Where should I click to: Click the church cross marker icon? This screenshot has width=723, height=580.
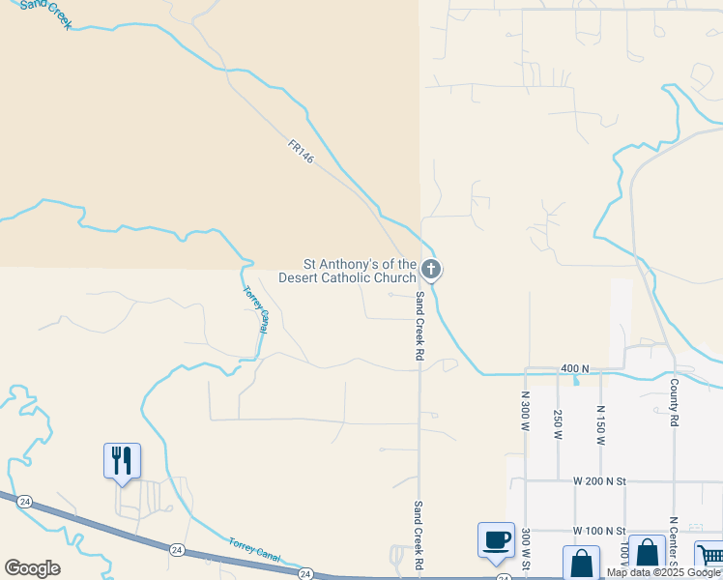point(431,269)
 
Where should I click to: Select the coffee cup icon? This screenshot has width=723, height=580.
point(496,539)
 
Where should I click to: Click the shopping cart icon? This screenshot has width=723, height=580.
point(709,558)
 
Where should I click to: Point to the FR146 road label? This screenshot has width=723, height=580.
point(301,152)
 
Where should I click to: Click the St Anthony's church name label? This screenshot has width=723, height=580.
point(347,271)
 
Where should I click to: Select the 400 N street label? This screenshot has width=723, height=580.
point(574,369)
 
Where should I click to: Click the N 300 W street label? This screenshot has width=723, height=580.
point(526,410)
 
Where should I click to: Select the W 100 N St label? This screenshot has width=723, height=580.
point(599,531)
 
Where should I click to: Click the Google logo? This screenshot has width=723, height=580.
point(32,568)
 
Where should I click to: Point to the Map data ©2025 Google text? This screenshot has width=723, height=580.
point(663,572)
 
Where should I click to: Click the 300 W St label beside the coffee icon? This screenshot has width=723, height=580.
point(526,549)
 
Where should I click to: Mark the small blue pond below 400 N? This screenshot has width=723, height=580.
point(576,381)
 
